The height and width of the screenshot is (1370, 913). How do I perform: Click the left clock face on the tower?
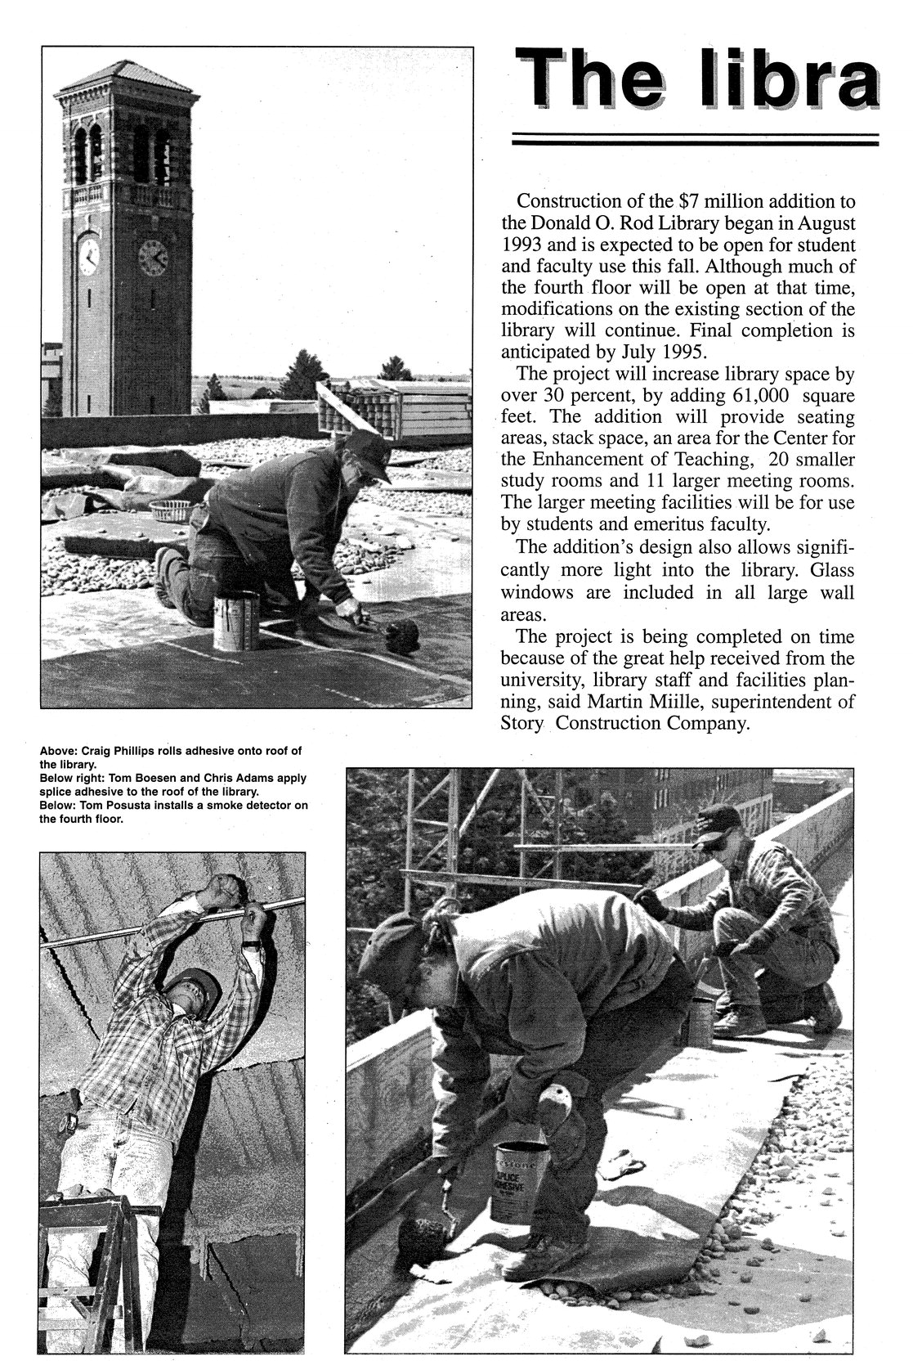pos(88,256)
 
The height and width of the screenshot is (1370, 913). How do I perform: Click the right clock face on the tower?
pos(153,258)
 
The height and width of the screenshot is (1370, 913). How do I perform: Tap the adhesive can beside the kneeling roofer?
pos(236,622)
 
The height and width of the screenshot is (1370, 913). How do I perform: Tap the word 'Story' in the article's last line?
pos(522,723)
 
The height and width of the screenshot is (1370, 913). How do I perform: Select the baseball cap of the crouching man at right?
pos(720,821)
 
